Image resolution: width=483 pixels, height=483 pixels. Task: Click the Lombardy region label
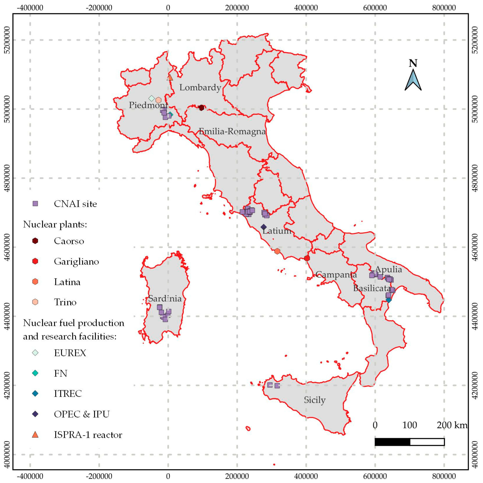[200, 88]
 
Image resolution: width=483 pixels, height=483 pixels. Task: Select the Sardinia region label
[165, 298]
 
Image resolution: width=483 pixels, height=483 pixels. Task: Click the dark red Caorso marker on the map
[201, 108]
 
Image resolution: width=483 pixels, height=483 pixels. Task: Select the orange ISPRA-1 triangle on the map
[170, 78]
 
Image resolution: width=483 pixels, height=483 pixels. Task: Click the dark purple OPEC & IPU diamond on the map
[264, 227]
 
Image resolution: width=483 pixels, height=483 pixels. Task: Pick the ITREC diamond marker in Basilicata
[388, 300]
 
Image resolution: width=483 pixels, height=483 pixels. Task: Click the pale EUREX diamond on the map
[151, 98]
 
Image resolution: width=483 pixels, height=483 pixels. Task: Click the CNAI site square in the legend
[35, 204]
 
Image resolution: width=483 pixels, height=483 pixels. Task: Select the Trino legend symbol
[35, 302]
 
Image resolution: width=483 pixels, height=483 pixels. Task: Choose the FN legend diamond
[35, 373]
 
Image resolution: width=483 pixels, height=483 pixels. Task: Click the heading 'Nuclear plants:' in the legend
[55, 224]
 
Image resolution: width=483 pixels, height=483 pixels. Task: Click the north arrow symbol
[413, 80]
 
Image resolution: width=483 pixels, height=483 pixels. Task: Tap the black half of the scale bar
[392, 442]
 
